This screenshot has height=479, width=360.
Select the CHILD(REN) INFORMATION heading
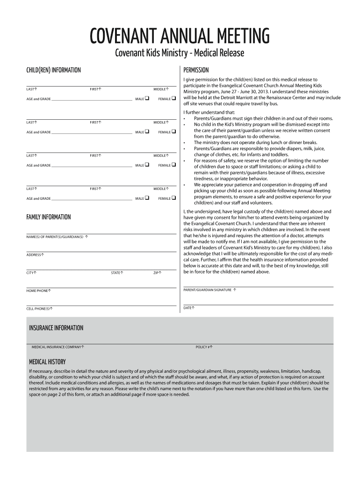[x=53, y=70]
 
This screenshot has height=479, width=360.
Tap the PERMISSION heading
[x=196, y=70]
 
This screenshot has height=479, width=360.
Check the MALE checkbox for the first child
[x=147, y=99]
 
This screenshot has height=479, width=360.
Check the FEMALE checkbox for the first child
[x=173, y=99]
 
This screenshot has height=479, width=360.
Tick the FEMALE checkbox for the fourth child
[x=173, y=198]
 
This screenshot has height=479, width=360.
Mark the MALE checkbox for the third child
[x=147, y=165]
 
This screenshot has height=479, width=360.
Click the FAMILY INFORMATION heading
[x=49, y=217]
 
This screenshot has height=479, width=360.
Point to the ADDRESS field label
[x=35, y=255]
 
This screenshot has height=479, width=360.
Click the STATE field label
[x=117, y=273]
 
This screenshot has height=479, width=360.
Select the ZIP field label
[x=158, y=273]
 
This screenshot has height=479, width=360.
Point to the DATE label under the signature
[x=189, y=308]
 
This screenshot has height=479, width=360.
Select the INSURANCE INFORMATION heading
[x=56, y=328]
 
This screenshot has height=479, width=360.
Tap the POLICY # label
[x=204, y=348]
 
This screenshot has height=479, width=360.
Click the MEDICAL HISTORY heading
[x=47, y=362]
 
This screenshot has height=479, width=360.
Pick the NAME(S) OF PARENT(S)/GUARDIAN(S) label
[x=57, y=237]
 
